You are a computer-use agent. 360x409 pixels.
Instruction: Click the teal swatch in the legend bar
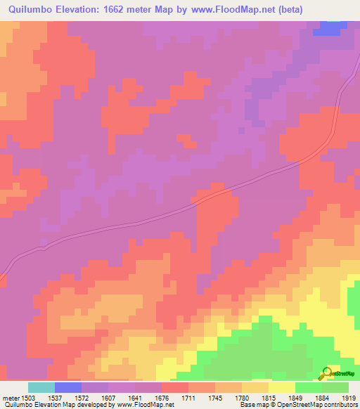coord(41,387)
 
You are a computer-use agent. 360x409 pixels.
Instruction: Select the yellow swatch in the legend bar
coord(281,387)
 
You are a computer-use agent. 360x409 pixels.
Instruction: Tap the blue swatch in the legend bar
coord(68,387)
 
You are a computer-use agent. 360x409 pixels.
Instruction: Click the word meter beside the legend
coord(11,397)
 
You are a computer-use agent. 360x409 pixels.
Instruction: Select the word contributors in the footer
coord(340,405)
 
